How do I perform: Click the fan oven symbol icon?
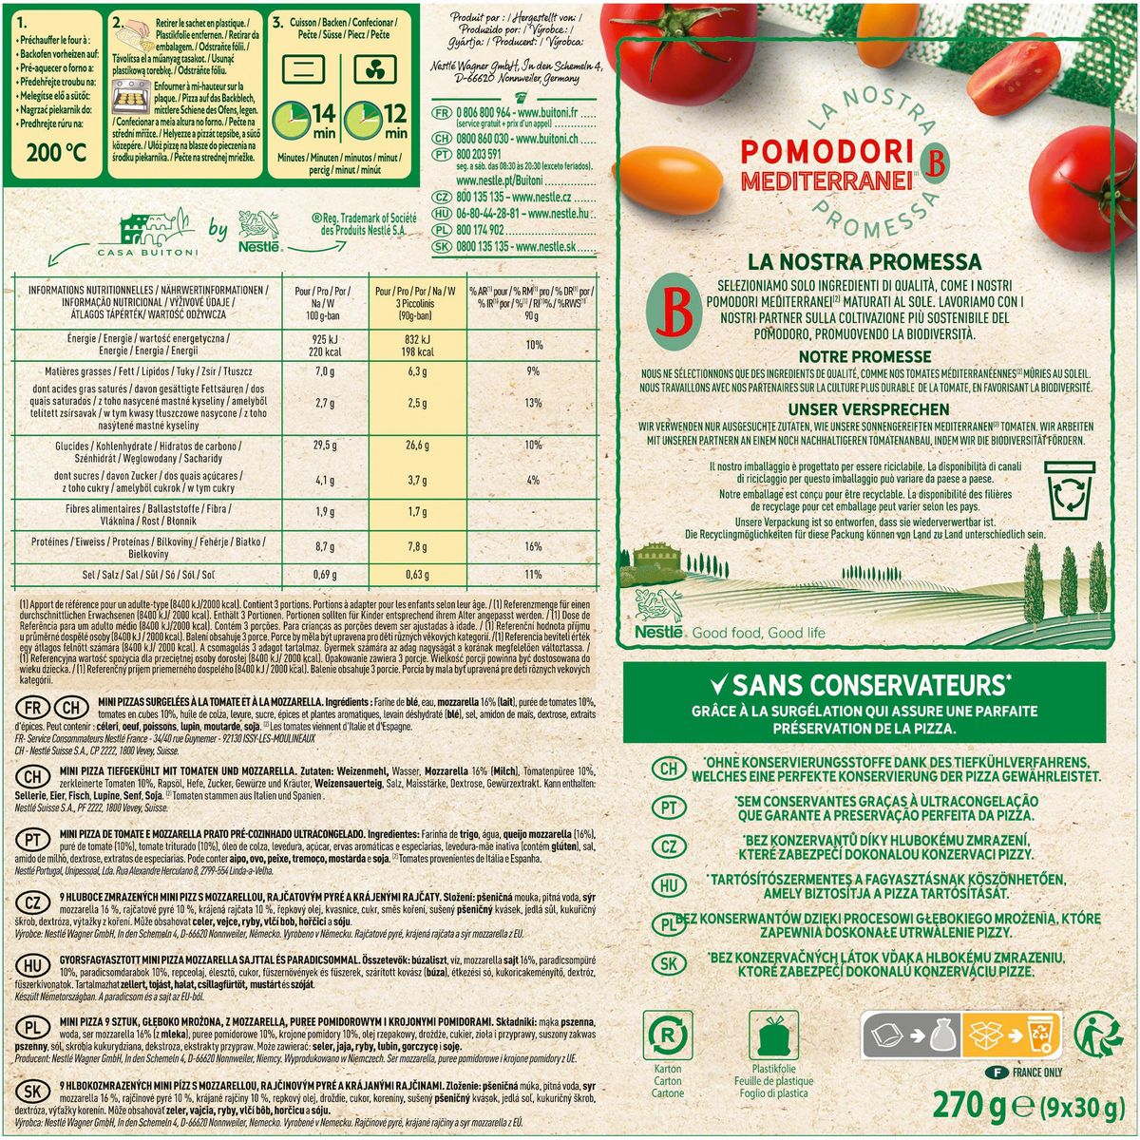pyautogui.click(x=375, y=69)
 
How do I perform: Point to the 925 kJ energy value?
pyautogui.click(x=326, y=338)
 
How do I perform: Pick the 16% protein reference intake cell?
pyautogui.click(x=533, y=546)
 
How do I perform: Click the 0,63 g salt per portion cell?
pyautogui.click(x=418, y=575)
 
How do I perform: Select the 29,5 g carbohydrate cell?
pyautogui.click(x=326, y=445)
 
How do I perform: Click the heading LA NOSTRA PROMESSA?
pyautogui.click(x=864, y=261)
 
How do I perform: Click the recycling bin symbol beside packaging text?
pyautogui.click(x=1069, y=494)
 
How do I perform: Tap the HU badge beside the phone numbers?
pyautogui.click(x=441, y=215)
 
